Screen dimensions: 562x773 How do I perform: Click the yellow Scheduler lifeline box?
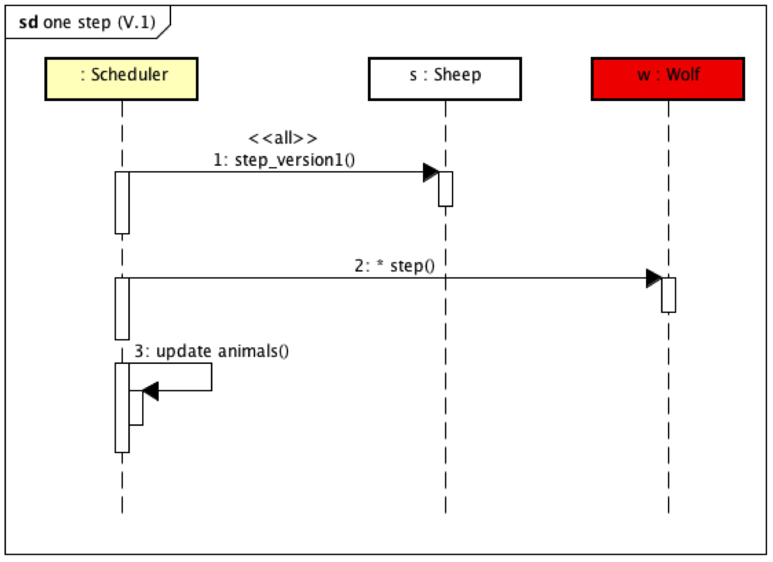point(122,79)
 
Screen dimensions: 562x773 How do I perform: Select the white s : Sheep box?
point(445,79)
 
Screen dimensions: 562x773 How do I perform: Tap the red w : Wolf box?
point(668,79)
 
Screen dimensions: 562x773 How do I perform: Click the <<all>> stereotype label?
point(283,139)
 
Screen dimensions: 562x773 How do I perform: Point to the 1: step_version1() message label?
point(284,160)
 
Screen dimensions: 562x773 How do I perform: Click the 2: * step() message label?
point(396,266)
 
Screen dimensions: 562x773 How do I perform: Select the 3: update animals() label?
point(211,351)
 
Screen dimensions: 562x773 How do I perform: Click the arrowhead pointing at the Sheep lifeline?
point(431,172)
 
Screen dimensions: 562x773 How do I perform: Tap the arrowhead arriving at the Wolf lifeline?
point(653,278)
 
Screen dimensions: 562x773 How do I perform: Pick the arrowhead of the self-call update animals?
point(150,391)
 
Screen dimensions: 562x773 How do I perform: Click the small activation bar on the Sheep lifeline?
point(445,189)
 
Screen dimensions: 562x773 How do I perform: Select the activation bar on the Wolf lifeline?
point(669,295)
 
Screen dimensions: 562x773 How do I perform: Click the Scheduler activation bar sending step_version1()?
point(122,203)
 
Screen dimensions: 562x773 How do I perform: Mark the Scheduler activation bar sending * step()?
point(122,308)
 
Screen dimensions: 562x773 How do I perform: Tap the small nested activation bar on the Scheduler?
point(136,407)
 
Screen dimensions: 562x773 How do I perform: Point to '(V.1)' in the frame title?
point(135,22)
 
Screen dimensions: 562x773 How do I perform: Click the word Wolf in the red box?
point(683,74)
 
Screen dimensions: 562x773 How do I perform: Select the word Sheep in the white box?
point(457,74)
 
